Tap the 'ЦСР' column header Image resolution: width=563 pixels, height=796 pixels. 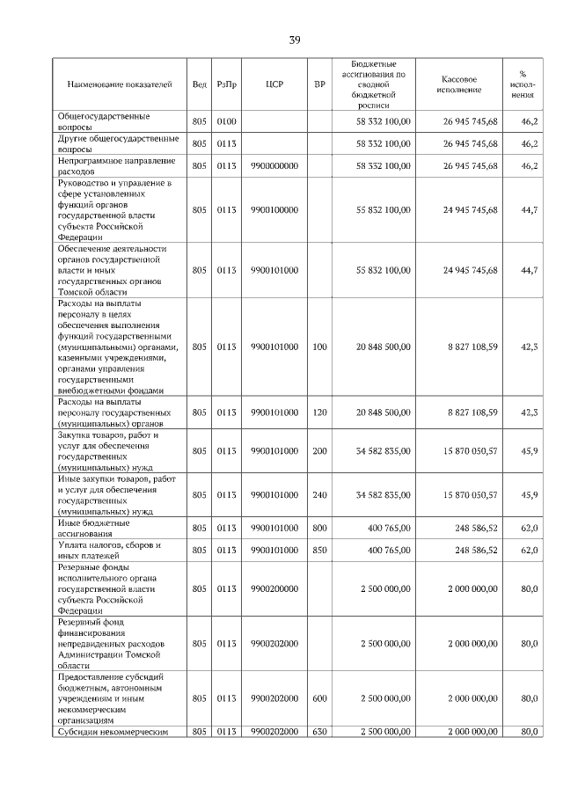tap(274, 84)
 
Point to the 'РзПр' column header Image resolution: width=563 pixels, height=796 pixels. tap(226, 84)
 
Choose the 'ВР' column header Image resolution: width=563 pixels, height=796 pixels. tap(319, 84)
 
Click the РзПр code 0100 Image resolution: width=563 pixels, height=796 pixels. tap(226, 121)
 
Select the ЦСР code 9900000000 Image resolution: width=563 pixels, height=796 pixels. tap(274, 165)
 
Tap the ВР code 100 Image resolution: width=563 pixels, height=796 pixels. tap(319, 347)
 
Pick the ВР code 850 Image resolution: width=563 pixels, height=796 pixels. tap(319, 550)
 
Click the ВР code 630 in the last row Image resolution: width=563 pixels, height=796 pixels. tap(319, 732)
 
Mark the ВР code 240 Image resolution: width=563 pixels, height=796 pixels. tap(319, 495)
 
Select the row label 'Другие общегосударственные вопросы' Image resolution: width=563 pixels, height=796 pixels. tap(117, 143)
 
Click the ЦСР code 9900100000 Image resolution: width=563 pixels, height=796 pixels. tap(274, 210)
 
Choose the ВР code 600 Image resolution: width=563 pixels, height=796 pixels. tap(319, 698)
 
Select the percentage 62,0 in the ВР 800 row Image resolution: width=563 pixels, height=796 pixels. tap(529, 528)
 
